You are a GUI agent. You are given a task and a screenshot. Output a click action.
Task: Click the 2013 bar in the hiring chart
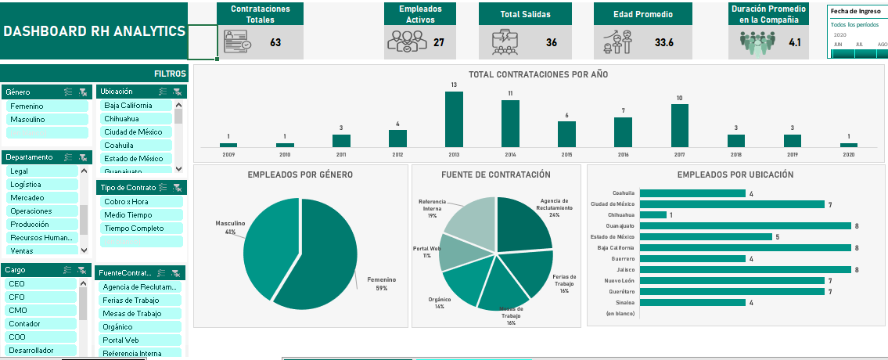[454, 120]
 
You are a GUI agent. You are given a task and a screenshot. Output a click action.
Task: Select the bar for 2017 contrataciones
[680, 126]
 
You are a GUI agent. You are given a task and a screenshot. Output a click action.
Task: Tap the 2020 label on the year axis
[849, 155]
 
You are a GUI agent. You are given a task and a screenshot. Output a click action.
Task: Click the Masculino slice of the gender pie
[270, 243]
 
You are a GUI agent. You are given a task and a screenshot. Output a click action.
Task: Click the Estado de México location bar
[705, 236]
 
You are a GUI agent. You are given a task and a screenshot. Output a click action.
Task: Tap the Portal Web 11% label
[426, 252]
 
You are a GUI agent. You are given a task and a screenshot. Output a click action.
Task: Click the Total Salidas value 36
[552, 42]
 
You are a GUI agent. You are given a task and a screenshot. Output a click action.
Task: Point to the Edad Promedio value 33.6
[664, 42]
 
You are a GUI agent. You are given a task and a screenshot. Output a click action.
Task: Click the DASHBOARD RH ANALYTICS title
[95, 31]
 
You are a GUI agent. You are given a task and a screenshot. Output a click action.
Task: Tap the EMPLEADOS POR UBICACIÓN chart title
[735, 175]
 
